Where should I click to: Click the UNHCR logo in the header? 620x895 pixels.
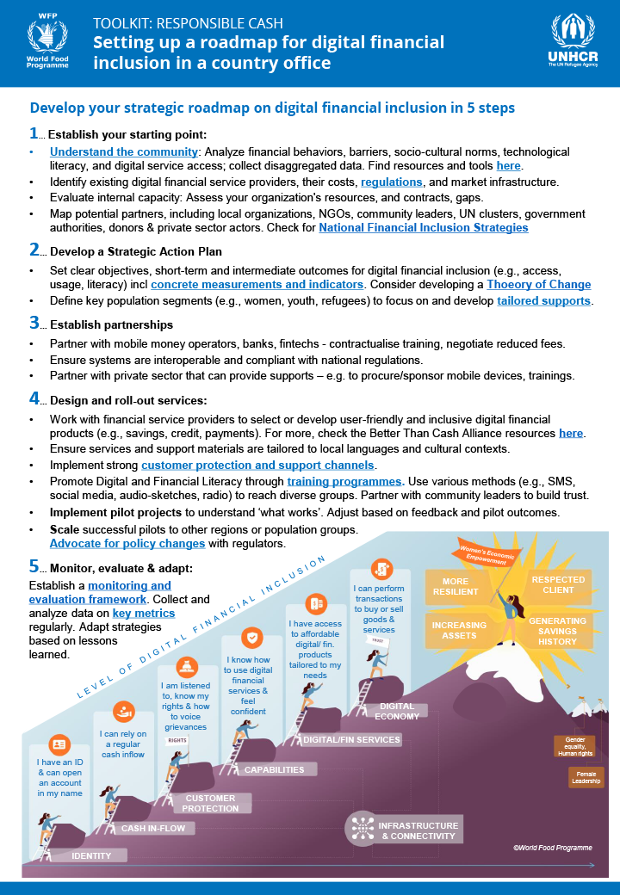coord(572,42)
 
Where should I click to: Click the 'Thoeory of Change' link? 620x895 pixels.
coord(538,285)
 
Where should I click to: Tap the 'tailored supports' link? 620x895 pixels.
coord(543,301)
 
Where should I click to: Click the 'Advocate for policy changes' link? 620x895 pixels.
coord(127,544)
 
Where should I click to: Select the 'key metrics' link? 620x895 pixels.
coord(144,614)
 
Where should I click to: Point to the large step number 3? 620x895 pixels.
coord(34,324)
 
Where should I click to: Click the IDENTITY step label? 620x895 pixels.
coord(90,855)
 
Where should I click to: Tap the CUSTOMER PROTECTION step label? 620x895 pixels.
coord(210,803)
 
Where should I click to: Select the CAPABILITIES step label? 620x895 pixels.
coord(274,769)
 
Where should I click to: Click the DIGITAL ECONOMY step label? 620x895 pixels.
coord(397,711)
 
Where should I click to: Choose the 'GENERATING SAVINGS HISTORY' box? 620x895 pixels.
coord(557,631)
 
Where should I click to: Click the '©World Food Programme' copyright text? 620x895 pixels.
coord(552,848)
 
